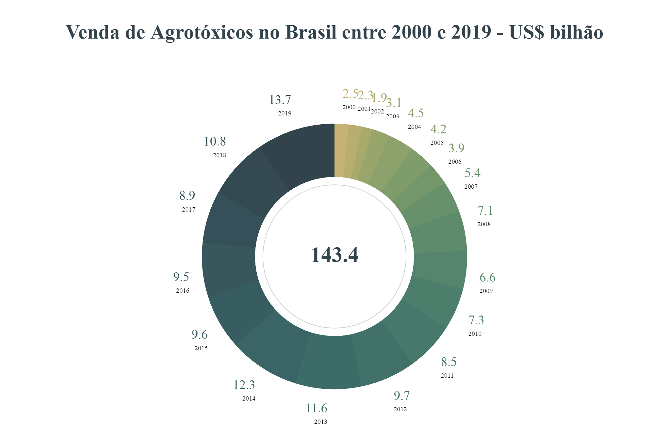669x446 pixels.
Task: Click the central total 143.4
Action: click(x=334, y=255)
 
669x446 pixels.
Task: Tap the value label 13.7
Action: click(x=280, y=100)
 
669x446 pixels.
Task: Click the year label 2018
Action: click(x=220, y=155)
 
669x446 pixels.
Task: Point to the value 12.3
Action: click(x=244, y=385)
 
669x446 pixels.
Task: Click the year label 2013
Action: click(x=320, y=422)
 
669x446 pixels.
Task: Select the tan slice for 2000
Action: click(x=341, y=150)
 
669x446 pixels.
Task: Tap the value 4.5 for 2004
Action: click(x=416, y=113)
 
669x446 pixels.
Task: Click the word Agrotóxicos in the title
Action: click(x=202, y=32)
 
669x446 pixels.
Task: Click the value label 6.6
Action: click(x=487, y=278)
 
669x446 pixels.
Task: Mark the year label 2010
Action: click(x=475, y=334)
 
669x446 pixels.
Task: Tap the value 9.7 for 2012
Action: click(x=401, y=396)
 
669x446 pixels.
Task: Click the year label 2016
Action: click(x=183, y=291)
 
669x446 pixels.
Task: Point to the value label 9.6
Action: click(x=200, y=335)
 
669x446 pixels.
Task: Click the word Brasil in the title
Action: click(x=311, y=32)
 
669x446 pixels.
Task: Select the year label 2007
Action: click(x=471, y=187)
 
